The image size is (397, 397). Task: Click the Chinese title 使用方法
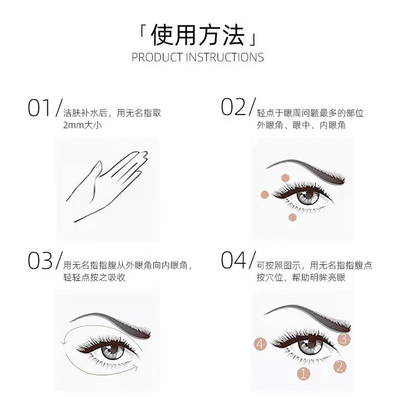(198, 35)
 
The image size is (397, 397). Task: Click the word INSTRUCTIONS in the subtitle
(225, 58)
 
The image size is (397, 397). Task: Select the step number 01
(39, 108)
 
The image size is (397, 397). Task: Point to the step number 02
(233, 107)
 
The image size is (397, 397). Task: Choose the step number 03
(40, 261)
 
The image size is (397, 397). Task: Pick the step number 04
(233, 260)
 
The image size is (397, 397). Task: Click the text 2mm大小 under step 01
(82, 125)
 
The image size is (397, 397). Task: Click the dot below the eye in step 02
(292, 217)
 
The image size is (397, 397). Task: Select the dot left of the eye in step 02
(265, 195)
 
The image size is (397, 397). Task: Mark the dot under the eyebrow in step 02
(285, 178)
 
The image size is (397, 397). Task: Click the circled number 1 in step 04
(303, 373)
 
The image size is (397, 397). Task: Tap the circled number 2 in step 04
(340, 366)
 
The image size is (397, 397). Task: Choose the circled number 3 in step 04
(343, 339)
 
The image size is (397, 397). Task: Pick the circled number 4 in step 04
(260, 344)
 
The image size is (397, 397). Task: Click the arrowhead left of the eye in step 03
(64, 342)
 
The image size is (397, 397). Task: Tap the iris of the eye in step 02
(308, 197)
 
